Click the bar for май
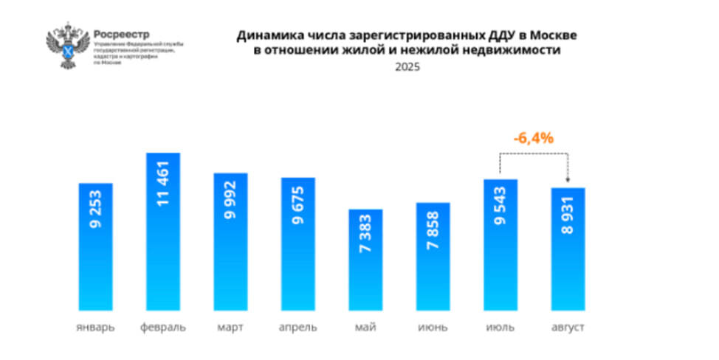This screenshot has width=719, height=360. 366,260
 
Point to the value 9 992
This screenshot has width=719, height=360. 231,201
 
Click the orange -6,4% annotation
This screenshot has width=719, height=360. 533,138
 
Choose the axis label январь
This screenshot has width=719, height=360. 95,327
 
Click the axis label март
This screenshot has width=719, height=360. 230,327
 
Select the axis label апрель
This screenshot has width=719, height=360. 297,327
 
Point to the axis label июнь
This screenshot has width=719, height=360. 433,327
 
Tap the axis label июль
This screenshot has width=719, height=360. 500,327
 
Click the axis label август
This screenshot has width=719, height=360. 568,327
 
